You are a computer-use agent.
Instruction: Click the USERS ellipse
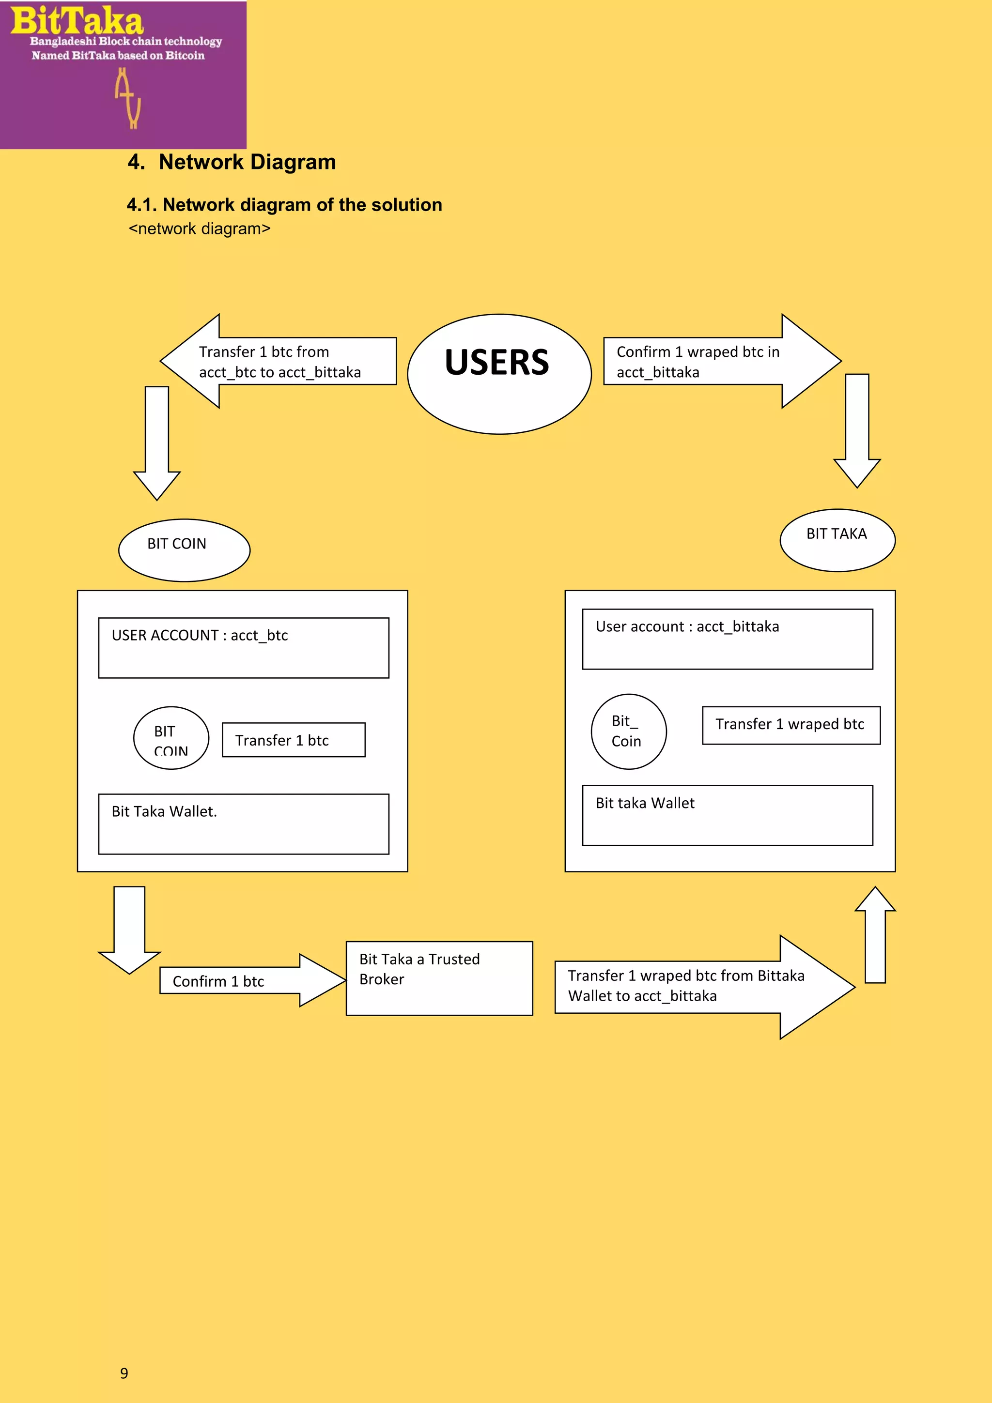pos(499,373)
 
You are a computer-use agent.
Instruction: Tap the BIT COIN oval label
pos(184,550)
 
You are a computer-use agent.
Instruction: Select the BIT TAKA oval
pos(837,540)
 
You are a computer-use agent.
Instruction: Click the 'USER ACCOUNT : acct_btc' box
pos(243,647)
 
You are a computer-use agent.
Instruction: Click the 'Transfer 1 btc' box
pos(294,740)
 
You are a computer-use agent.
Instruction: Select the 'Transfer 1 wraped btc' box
pos(791,725)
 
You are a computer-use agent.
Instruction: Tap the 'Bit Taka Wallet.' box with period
pos(243,823)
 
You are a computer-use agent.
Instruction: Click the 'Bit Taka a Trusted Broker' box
pos(439,978)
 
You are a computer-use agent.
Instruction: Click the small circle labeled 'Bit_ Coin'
pos(628,732)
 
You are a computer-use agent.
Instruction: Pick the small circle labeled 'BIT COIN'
pos(171,737)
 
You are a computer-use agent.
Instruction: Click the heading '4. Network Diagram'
pos(232,162)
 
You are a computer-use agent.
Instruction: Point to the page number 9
pos(124,1373)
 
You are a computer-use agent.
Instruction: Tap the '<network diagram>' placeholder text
pos(199,229)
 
